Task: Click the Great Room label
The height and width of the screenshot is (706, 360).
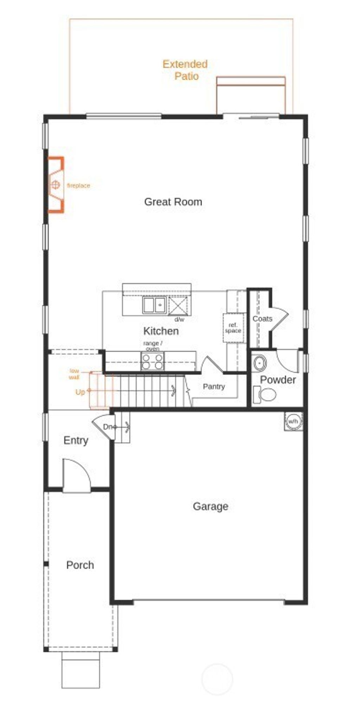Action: [173, 202]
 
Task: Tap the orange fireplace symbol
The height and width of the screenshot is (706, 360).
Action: [56, 185]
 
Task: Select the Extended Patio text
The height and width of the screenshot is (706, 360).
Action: [185, 70]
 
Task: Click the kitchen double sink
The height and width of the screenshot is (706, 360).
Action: [154, 305]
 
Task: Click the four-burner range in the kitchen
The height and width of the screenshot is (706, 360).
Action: [153, 361]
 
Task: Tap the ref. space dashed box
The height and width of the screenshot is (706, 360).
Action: [233, 328]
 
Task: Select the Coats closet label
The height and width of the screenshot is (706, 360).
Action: [262, 319]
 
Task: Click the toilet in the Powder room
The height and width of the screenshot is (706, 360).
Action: [265, 394]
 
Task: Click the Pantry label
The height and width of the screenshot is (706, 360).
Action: [214, 387]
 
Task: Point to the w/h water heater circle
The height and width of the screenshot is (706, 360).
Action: [293, 421]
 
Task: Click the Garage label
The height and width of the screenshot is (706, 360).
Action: [210, 506]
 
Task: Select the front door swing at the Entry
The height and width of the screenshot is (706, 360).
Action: [77, 474]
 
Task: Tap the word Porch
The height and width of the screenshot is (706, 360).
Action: [80, 565]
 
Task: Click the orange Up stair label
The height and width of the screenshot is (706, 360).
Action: [80, 392]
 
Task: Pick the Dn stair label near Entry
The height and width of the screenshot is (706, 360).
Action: [108, 427]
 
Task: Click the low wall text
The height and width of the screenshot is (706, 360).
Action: [74, 374]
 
